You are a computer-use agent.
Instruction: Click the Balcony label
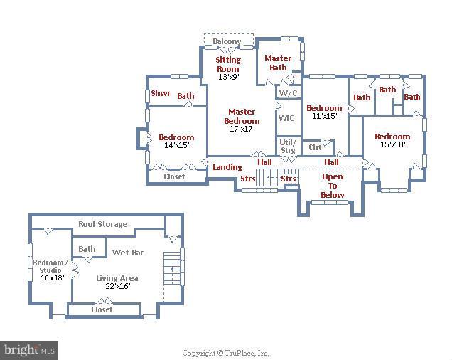pyautogui.click(x=227, y=42)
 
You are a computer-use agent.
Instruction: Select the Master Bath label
pyautogui.click(x=278, y=63)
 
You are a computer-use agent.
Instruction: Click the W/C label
pyautogui.click(x=287, y=93)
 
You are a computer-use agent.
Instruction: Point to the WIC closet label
pyautogui.click(x=286, y=118)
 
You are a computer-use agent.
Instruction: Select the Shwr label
pyautogui.click(x=160, y=94)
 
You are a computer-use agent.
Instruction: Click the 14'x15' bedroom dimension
pyautogui.click(x=176, y=146)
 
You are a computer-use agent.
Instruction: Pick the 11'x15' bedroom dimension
pyautogui.click(x=323, y=116)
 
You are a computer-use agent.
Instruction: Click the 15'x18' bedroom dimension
pyautogui.click(x=392, y=145)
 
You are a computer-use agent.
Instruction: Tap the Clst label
pyautogui.click(x=315, y=147)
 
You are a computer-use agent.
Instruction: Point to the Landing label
pyautogui.click(x=227, y=167)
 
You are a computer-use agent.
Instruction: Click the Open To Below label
pyautogui.click(x=332, y=186)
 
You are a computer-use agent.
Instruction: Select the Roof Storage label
pyautogui.click(x=103, y=224)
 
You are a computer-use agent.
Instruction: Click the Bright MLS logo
pyautogui.click(x=29, y=349)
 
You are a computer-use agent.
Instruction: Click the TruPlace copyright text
pyautogui.click(x=225, y=353)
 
